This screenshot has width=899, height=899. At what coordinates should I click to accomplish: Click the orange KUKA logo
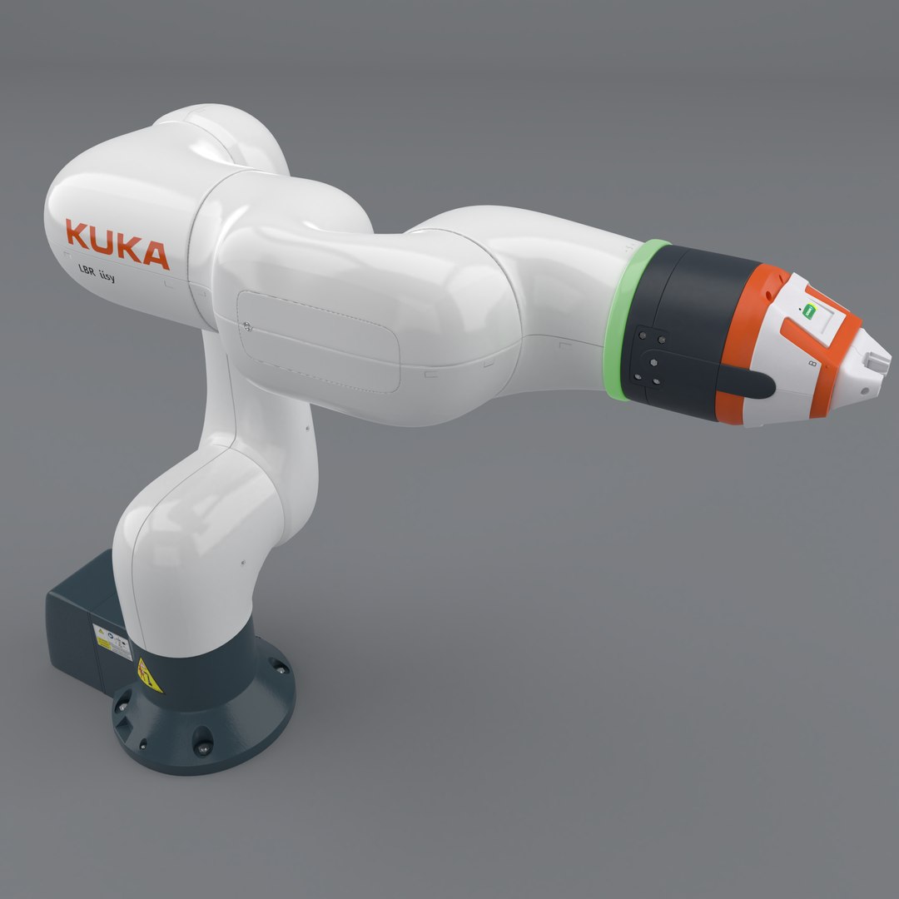(x=117, y=244)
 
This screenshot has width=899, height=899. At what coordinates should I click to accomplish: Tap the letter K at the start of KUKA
(x=77, y=235)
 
